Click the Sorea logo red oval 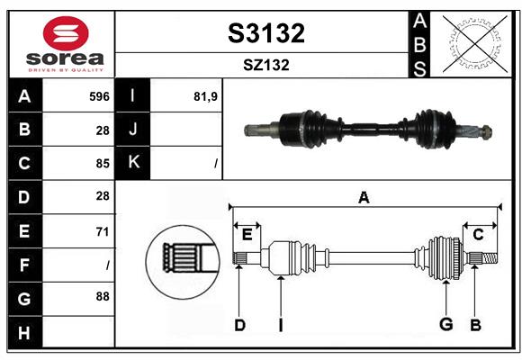tap(60, 34)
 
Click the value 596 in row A tap(99, 96)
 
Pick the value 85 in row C tap(102, 163)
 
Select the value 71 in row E tap(102, 231)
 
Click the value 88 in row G tap(102, 295)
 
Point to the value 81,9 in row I tap(207, 96)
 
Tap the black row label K tap(134, 163)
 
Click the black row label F tap(24, 265)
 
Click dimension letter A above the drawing tap(364, 197)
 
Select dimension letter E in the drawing tap(247, 235)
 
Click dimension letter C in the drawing tap(479, 235)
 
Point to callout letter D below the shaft tap(239, 325)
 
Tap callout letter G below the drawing tap(445, 325)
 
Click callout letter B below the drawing tap(475, 325)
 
